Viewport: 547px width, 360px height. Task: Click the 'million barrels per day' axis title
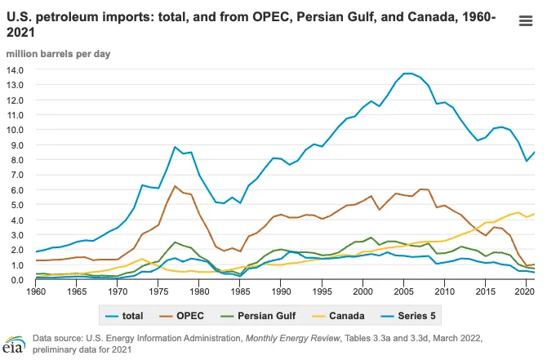[59, 54]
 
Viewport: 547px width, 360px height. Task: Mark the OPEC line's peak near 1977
[175, 186]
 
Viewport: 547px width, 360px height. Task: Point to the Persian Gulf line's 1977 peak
[175, 242]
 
